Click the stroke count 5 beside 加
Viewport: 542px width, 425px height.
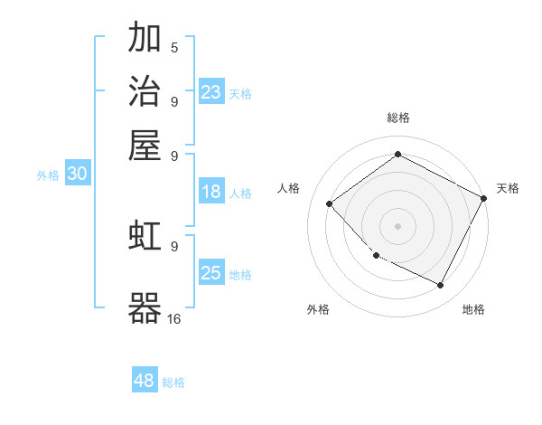[174, 47]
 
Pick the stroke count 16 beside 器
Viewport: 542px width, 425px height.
[174, 318]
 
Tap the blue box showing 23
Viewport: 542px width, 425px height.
[211, 91]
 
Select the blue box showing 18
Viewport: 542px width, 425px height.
[211, 192]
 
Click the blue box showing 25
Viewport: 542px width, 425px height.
[211, 273]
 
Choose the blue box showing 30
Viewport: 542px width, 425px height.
[77, 175]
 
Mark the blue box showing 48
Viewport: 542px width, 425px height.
[145, 381]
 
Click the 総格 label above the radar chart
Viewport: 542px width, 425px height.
[398, 118]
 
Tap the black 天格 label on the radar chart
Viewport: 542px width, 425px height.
[508, 188]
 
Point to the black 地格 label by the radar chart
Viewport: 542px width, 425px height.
[473, 309]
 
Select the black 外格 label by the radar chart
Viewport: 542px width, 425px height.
[318, 309]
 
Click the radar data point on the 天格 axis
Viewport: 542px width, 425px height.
[483, 199]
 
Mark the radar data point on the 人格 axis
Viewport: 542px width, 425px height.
[330, 204]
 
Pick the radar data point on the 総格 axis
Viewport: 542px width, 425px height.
[398, 155]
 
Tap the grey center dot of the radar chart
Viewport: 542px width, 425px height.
[398, 226]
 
